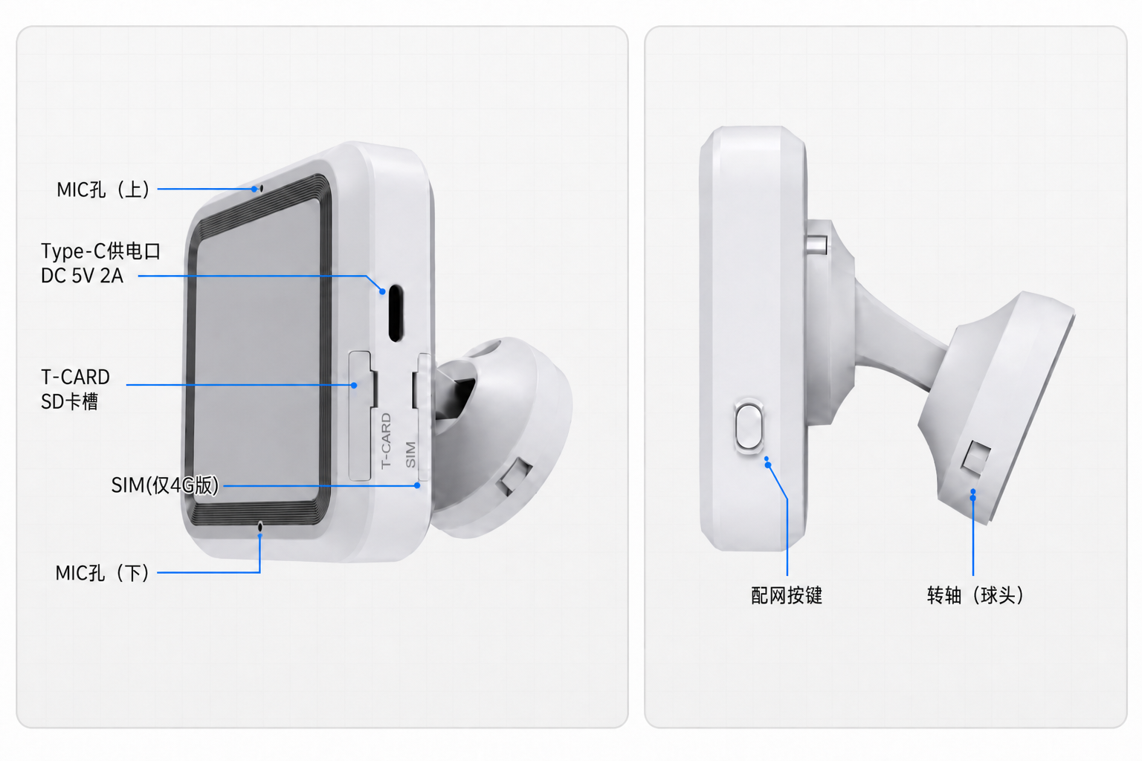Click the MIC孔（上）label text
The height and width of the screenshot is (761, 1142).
point(103,190)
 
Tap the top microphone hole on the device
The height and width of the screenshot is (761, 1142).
point(261,189)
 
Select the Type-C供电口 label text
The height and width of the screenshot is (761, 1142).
point(100,251)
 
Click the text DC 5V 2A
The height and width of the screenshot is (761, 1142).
point(82,276)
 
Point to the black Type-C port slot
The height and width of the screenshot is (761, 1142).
point(396,313)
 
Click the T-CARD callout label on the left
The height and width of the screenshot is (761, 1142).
point(75,378)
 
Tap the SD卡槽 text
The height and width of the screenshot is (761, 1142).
point(69,401)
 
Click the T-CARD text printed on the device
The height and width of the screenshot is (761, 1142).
point(386,441)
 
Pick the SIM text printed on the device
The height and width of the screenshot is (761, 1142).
point(410,454)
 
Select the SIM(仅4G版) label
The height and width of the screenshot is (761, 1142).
point(164,485)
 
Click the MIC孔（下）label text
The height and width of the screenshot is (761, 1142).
point(102,573)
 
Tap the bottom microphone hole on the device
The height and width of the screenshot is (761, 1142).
point(260,526)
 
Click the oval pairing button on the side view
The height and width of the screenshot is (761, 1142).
point(749,427)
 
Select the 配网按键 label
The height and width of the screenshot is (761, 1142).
point(787,595)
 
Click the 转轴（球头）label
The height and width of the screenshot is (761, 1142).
point(975,595)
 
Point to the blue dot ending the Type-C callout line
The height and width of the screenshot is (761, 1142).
point(382,291)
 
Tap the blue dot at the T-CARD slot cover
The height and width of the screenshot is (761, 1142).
point(354,386)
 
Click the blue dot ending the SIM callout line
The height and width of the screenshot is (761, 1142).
point(417,486)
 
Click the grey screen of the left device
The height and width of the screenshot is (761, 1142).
point(257,352)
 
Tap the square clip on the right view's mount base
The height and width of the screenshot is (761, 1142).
point(975,457)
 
